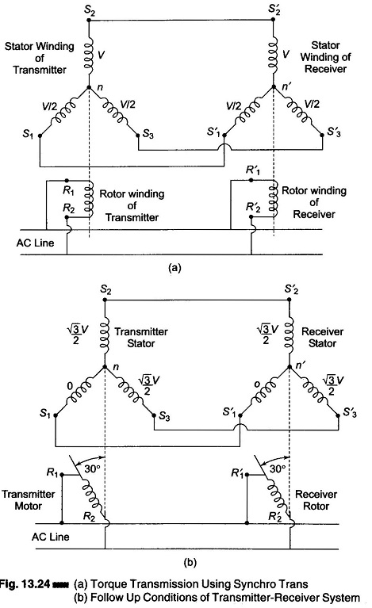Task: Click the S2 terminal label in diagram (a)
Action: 90,10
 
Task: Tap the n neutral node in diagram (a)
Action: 89,87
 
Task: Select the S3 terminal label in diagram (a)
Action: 148,134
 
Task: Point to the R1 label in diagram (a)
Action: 68,191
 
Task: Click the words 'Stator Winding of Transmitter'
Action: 39,58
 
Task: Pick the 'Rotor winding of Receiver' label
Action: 314,202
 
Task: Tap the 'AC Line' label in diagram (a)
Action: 36,243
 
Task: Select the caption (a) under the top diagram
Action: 174,267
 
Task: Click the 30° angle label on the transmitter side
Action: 93,468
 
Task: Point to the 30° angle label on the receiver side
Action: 278,468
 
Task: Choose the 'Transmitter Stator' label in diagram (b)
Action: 141,338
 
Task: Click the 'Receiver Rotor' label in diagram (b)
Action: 316,500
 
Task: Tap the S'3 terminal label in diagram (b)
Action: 350,412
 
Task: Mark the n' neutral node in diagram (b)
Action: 290,367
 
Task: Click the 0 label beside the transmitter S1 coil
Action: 70,386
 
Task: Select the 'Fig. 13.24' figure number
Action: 25,584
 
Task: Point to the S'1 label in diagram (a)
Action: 213,132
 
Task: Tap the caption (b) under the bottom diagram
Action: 190,562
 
